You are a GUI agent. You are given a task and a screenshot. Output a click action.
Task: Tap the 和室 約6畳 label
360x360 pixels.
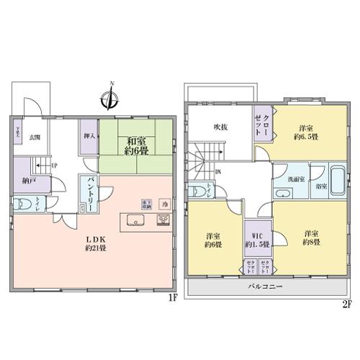pyautogui.click(x=137, y=146)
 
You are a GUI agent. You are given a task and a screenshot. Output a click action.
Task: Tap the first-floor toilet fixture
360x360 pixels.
pyautogui.click(x=22, y=204)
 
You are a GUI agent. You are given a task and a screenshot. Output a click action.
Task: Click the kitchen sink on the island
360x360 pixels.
pyautogui.click(x=134, y=220)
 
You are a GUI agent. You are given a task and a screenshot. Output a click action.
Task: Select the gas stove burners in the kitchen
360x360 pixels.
pyautogui.click(x=161, y=221)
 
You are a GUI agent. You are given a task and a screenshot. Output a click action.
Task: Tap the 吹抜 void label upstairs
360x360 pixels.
pyautogui.click(x=220, y=126)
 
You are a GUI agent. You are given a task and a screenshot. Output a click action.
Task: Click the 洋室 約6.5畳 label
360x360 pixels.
pyautogui.click(x=305, y=130)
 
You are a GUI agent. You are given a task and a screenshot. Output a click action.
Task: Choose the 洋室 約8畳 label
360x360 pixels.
pyautogui.click(x=310, y=238)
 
